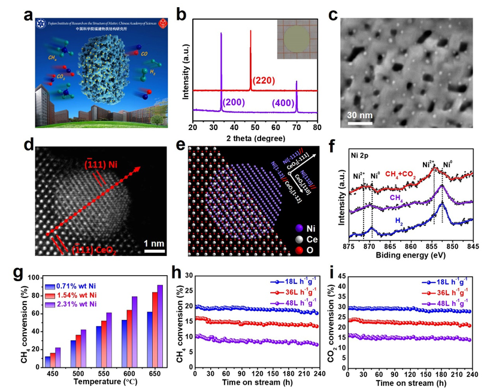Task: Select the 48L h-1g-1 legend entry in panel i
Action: click(x=443, y=301)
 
